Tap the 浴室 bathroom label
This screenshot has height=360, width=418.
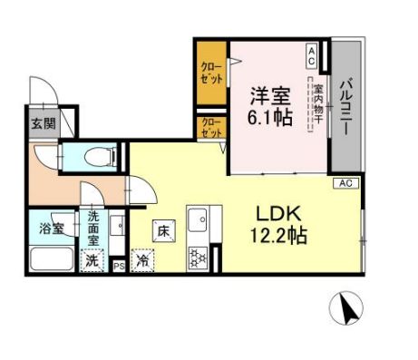point(51,228)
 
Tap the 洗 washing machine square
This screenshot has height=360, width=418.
point(92,259)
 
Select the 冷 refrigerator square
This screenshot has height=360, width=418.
point(143,260)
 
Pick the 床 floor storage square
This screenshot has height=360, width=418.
point(163,230)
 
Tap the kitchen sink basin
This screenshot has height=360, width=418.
point(199,219)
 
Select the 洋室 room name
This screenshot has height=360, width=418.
point(269,94)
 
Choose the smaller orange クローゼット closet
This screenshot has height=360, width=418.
point(210,126)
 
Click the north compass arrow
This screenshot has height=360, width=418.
point(347,310)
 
